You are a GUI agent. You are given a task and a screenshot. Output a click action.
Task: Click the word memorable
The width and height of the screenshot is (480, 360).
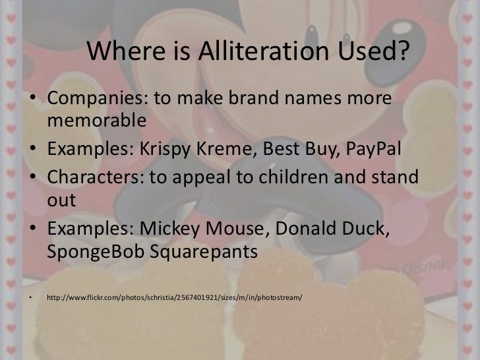coord(95,121)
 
